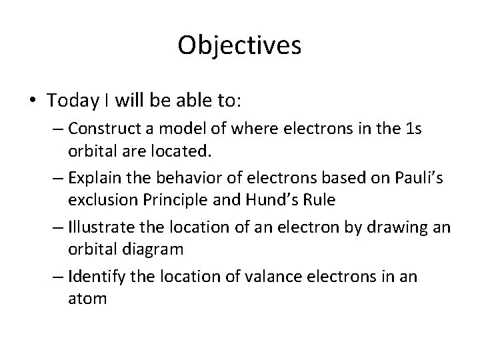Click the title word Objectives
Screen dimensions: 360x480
point(240,45)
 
